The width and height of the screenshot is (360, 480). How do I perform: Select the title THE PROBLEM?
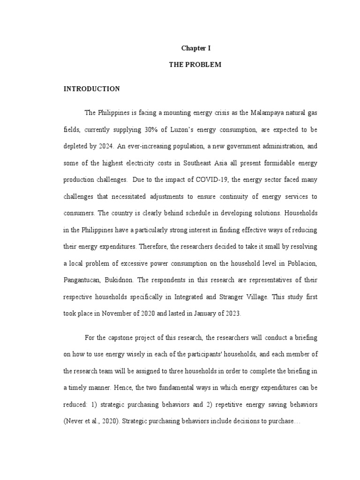[x=195, y=65]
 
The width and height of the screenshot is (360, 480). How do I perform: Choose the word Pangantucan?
[x=82, y=280]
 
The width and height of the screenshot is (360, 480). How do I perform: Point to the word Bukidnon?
[x=123, y=280]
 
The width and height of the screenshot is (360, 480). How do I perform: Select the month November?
[x=126, y=314]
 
